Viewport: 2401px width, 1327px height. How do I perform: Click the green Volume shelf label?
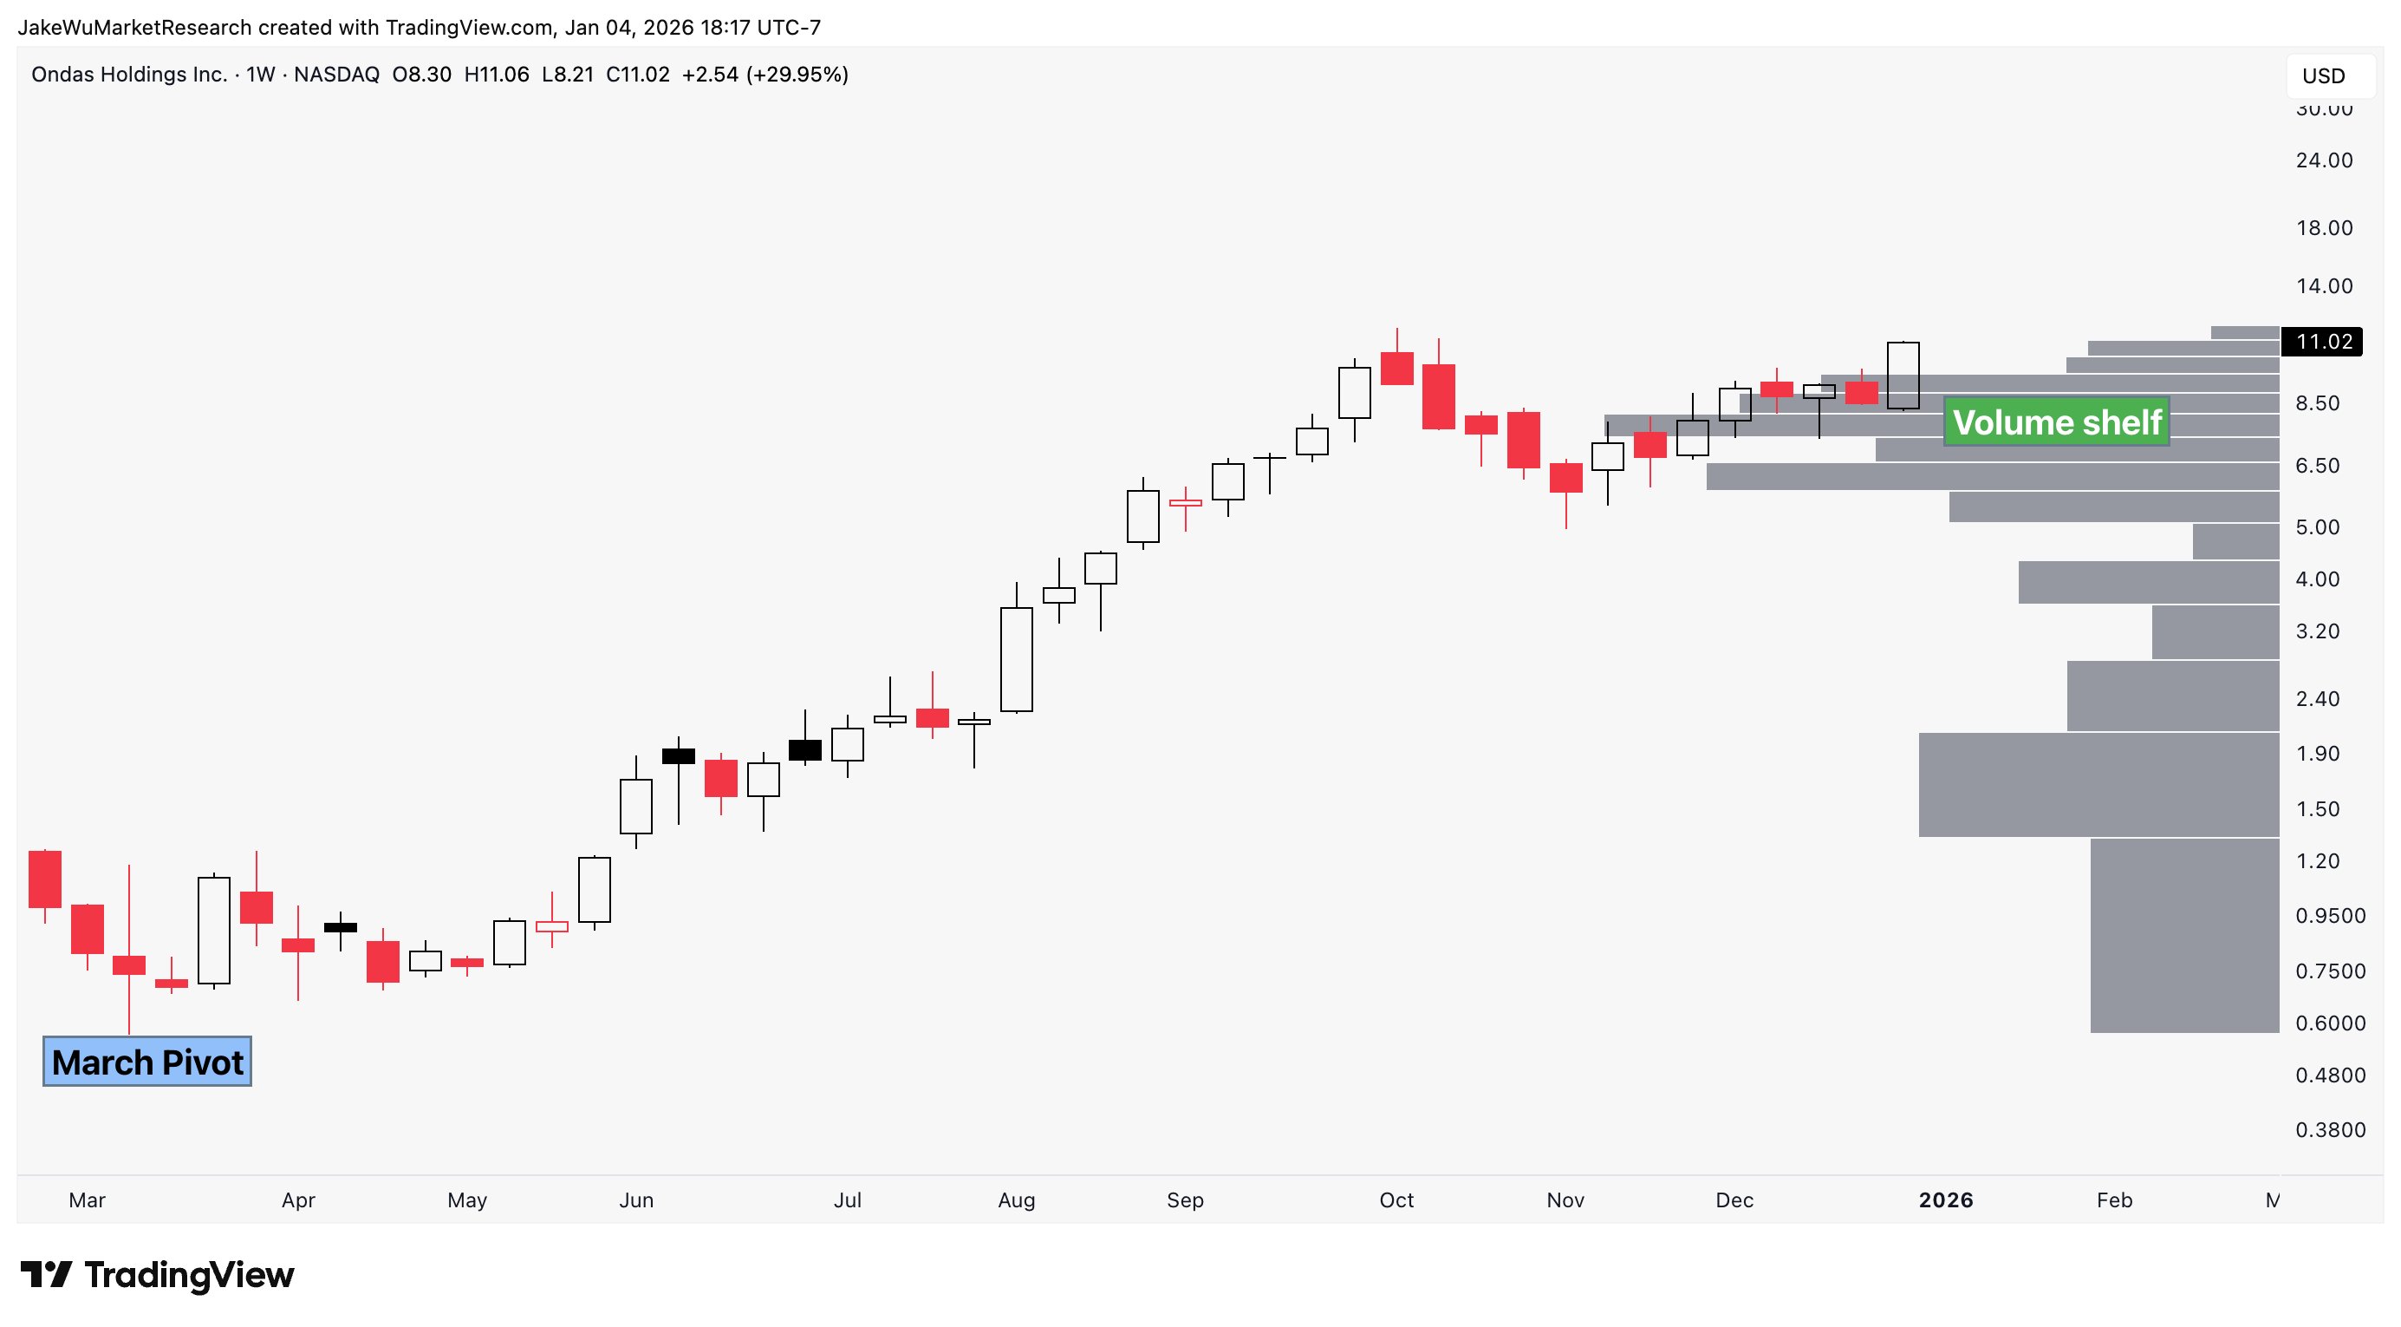2056,422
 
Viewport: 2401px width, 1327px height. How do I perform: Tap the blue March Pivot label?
147,1062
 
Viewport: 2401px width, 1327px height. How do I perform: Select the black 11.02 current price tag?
2323,342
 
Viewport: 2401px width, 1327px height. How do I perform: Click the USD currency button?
2323,76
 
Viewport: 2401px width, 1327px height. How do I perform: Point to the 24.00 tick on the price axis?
2324,160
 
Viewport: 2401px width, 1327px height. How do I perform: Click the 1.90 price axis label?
2317,754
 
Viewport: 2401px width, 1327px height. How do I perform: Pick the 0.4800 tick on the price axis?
2330,1075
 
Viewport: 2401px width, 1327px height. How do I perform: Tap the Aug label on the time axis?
1016,1200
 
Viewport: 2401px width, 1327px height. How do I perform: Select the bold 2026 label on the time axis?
1945,1200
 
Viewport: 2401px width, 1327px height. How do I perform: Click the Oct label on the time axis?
1396,1200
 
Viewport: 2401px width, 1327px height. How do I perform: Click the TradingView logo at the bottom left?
158,1275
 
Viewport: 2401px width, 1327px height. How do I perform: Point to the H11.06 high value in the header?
496,75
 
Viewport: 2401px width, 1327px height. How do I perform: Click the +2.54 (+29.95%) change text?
765,75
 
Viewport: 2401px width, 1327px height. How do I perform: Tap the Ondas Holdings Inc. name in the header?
129,75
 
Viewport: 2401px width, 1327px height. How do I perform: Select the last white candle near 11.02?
1903,375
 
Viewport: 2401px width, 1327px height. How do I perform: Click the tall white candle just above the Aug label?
1016,659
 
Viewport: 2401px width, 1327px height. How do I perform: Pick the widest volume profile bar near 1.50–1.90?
2098,784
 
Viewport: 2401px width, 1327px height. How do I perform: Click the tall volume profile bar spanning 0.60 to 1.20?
2183,935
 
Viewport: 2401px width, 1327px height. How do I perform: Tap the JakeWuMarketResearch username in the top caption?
134,28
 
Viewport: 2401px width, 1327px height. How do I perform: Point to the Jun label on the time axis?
635,1200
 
